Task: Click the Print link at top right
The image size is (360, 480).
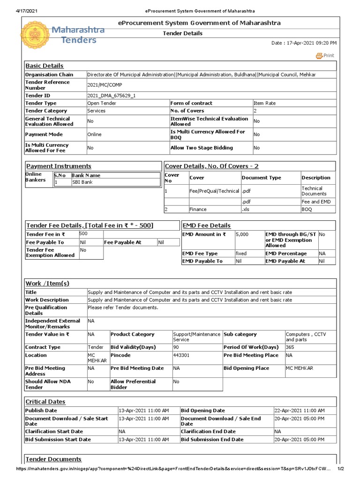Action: (325, 55)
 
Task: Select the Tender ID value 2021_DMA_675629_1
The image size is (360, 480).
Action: (111, 95)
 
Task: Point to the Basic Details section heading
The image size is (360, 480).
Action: (45, 66)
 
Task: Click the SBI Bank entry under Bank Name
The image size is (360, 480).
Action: (82, 182)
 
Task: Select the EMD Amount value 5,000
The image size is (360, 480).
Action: (242, 234)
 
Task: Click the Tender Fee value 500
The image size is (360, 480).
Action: (83, 233)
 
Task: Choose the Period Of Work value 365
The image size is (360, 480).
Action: (292, 347)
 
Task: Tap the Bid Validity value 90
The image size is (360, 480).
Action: (176, 347)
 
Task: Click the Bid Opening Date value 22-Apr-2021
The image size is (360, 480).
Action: (299, 411)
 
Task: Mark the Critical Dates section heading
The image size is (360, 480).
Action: (45, 402)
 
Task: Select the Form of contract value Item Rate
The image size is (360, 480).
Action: (264, 103)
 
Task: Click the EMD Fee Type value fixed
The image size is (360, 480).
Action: (242, 254)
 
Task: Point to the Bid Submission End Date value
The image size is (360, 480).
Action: (299, 440)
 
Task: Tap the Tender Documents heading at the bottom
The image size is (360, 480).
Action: (53, 459)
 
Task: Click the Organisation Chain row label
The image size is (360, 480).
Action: (49, 75)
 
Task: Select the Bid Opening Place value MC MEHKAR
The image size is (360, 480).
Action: (298, 368)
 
